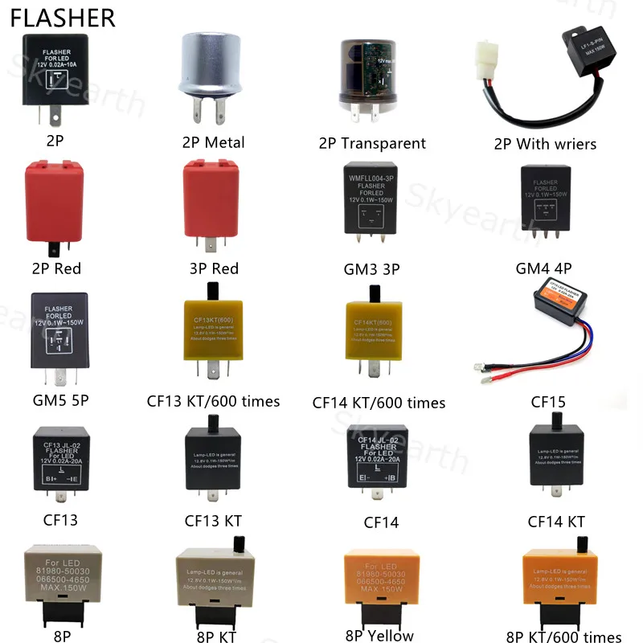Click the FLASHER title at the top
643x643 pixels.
[63, 18]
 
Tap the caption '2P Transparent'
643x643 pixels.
[372, 143]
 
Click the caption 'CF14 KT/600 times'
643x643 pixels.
[379, 402]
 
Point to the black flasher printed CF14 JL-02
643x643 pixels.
[379, 460]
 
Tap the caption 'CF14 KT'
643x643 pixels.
[555, 522]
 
